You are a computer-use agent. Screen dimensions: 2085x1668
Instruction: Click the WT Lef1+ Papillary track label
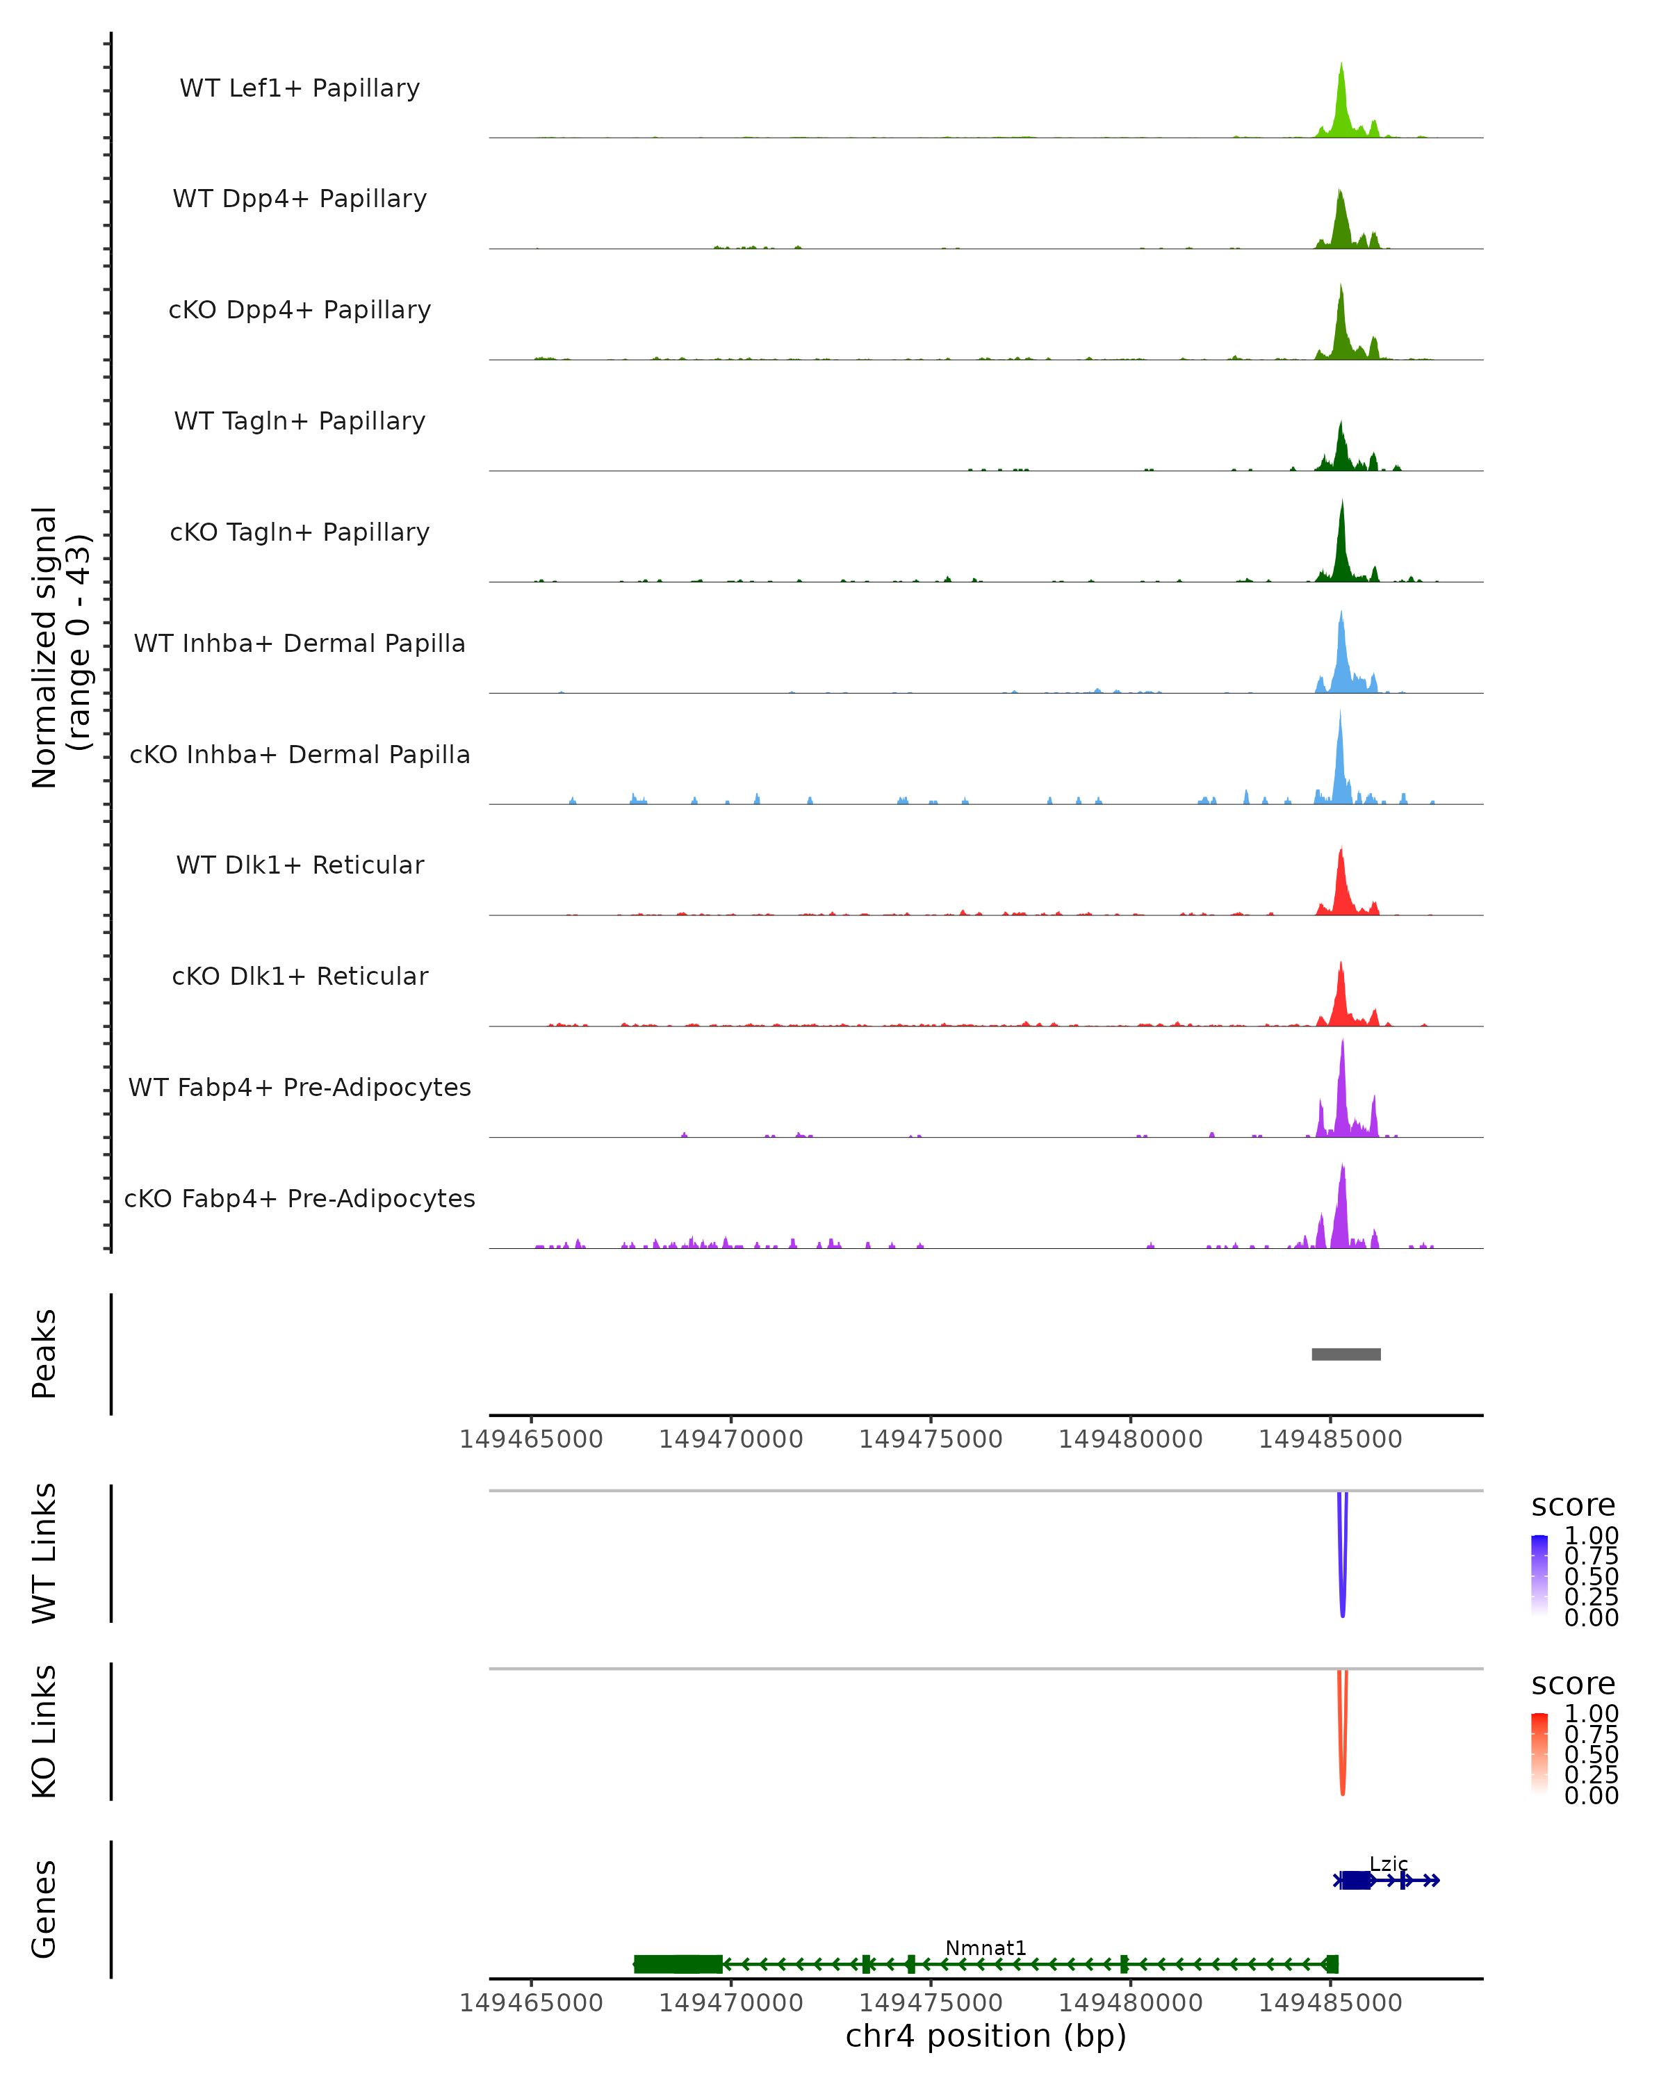coord(300,88)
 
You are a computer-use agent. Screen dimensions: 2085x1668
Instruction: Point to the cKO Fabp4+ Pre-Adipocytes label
coord(300,1198)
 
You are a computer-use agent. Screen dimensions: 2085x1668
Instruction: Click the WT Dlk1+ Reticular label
coord(300,865)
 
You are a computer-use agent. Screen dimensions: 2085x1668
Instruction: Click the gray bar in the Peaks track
coord(1346,1354)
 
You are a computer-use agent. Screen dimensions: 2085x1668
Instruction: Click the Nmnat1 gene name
coord(986,1947)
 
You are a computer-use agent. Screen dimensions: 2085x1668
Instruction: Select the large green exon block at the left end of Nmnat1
coord(678,1964)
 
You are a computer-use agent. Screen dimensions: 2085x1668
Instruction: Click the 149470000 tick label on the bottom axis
coord(731,2003)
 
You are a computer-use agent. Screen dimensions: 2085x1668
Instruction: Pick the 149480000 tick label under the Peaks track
coord(1130,1439)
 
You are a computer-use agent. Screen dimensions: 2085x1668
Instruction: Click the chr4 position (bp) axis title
coord(986,2036)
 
